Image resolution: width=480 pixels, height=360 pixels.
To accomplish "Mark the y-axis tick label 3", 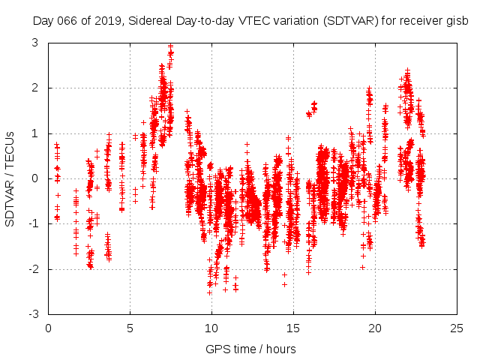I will [x=35, y=43].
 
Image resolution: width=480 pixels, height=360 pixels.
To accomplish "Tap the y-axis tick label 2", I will [x=35, y=88].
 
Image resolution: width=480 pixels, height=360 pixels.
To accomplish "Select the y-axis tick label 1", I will [x=35, y=133].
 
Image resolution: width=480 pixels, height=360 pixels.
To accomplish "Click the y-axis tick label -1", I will [x=33, y=224].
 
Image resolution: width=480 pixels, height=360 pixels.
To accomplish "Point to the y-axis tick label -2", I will [x=33, y=269].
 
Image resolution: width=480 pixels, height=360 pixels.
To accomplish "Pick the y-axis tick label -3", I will [x=33, y=315].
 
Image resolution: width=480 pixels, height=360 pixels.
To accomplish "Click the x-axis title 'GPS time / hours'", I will [x=251, y=349].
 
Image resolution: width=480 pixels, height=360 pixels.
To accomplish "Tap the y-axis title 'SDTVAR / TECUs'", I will [x=10, y=178].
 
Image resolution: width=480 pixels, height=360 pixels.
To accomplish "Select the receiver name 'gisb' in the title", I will [x=457, y=20].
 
